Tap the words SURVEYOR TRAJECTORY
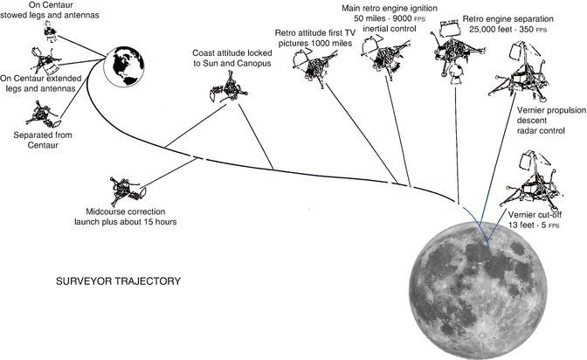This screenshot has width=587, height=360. pyautogui.click(x=118, y=282)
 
